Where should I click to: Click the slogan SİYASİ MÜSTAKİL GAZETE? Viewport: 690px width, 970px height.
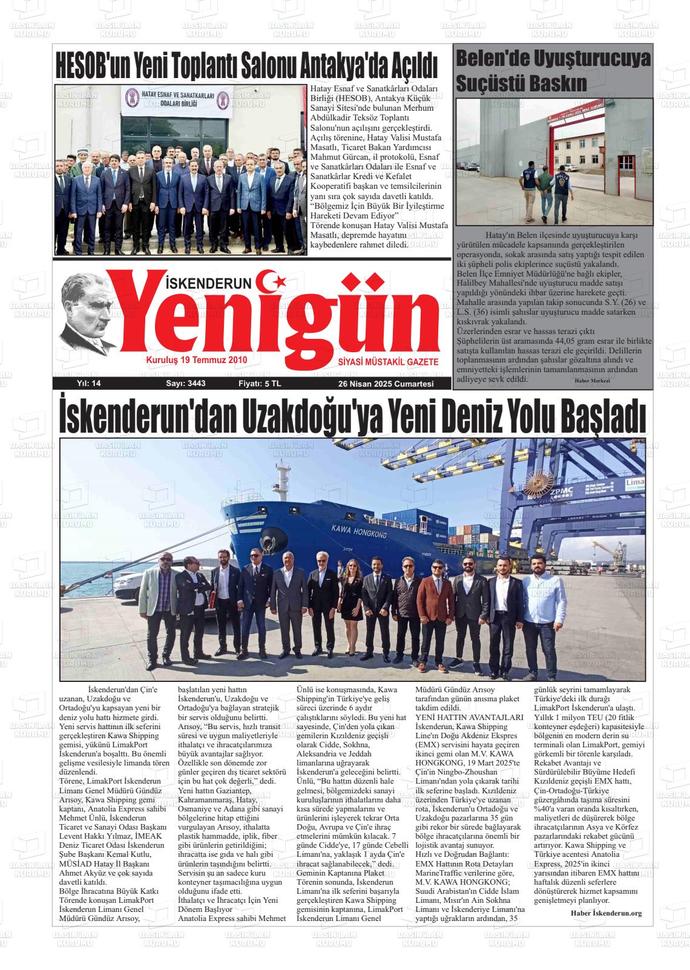point(387,361)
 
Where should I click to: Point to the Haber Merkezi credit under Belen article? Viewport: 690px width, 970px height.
point(591,380)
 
